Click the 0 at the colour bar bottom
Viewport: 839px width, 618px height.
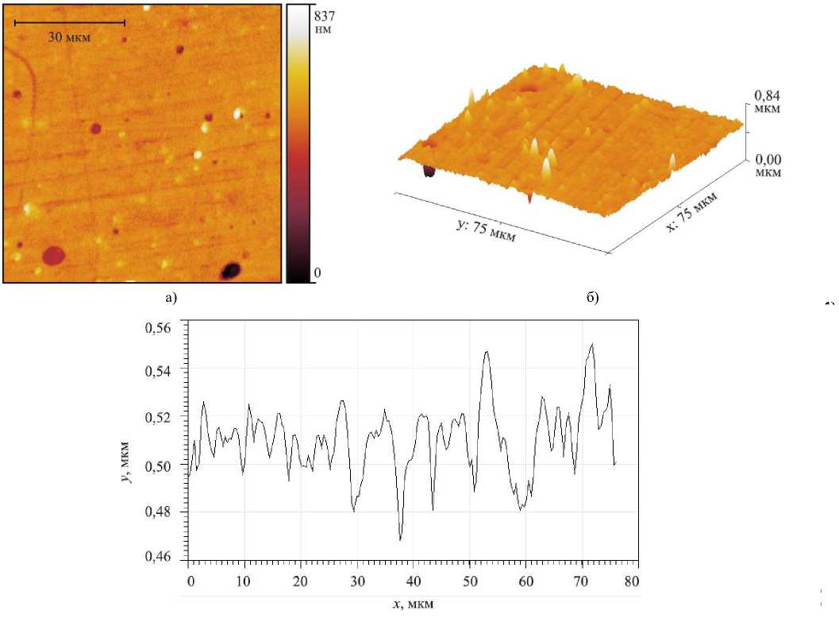(318, 273)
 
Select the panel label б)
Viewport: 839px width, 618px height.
(591, 298)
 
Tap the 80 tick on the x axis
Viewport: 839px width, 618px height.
(631, 581)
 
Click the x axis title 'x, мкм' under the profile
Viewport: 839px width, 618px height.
(413, 604)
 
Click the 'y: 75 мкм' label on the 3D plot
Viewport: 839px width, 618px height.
(484, 230)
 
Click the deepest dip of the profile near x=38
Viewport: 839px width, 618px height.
(401, 539)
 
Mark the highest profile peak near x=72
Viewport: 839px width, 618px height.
(591, 344)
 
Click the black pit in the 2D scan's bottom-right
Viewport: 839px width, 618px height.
(230, 271)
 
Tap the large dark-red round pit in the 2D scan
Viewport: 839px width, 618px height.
(53, 255)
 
